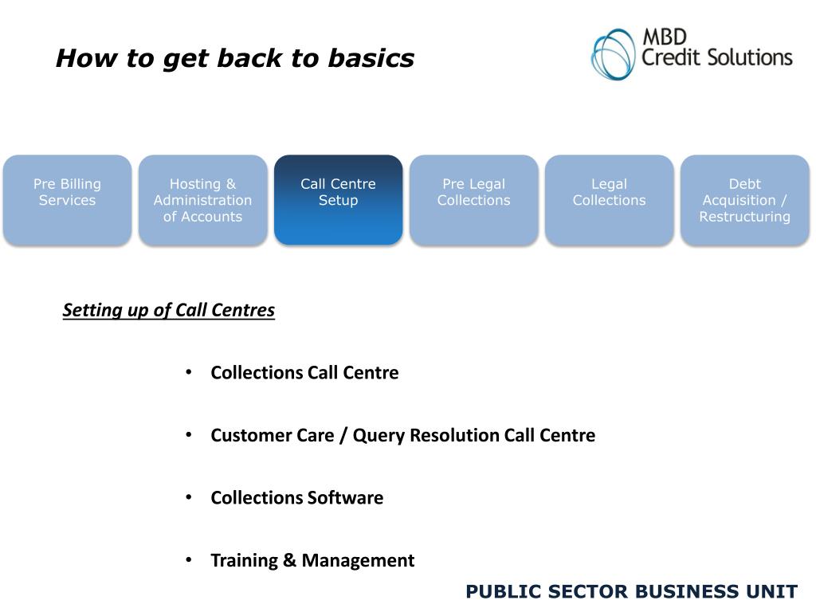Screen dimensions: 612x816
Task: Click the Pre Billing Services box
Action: [67, 199]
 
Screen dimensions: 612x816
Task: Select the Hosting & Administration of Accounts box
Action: [202, 199]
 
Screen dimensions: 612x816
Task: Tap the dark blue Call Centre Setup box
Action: [338, 199]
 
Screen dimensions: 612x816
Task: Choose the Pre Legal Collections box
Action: [473, 199]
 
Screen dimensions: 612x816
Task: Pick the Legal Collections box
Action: [609, 199]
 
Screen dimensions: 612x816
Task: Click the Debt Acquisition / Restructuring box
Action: [744, 199]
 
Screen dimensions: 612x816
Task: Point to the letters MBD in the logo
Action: [664, 37]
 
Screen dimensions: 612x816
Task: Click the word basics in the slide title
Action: [371, 58]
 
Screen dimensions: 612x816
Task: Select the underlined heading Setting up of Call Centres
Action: [169, 310]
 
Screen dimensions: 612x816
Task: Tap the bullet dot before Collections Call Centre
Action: [189, 372]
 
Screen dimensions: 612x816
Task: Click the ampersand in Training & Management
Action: [290, 560]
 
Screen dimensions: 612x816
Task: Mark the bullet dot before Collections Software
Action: [189, 496]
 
